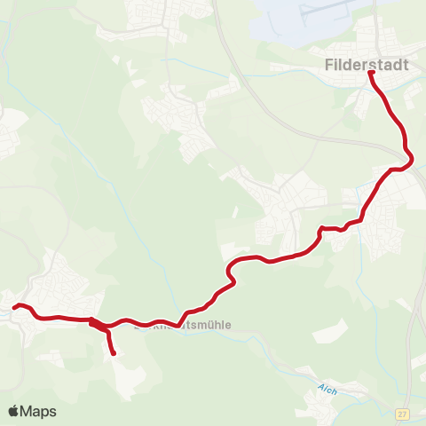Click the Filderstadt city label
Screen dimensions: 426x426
(x=367, y=65)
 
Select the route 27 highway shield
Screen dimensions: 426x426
(x=402, y=414)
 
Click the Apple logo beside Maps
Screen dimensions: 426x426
(x=13, y=411)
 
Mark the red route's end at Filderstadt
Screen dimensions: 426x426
(x=371, y=73)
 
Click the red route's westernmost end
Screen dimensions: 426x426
(x=14, y=307)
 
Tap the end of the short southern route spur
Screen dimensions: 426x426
(x=114, y=354)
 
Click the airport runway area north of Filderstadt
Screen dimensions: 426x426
(x=311, y=18)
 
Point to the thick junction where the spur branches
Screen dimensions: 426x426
(x=96, y=322)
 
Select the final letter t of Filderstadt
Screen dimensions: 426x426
(x=406, y=65)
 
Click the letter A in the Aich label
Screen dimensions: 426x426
(x=320, y=389)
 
